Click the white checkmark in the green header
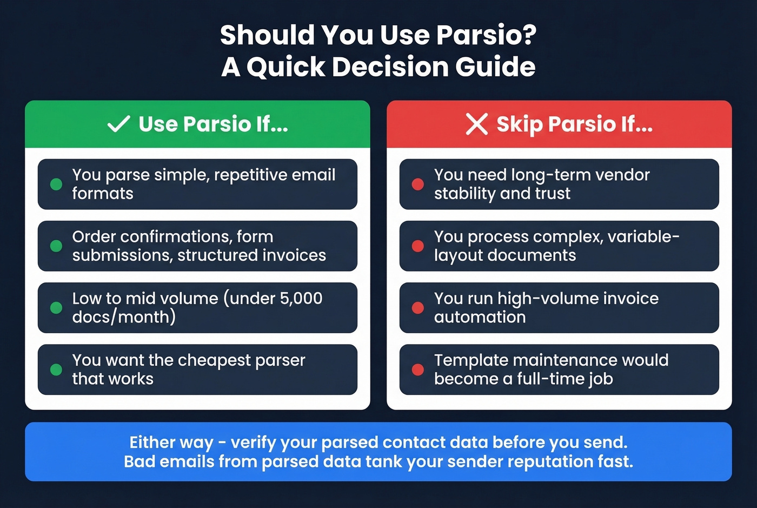[118, 124]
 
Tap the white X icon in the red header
[476, 124]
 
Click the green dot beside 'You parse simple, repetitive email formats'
[56, 184]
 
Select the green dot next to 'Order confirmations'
[56, 246]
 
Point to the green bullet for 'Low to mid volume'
[56, 307]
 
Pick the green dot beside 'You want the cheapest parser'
[56, 370]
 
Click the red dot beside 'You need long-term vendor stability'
[417, 184]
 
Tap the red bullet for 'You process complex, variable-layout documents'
[417, 246]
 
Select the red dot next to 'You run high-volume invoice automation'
[417, 307]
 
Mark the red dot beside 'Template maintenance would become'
[417, 370]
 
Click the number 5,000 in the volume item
[301, 298]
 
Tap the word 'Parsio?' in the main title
[486, 35]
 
